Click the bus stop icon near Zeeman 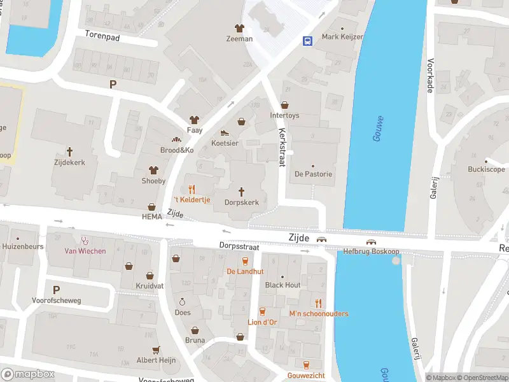point(307,41)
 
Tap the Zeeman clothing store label point(239,39)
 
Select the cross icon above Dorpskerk point(242,191)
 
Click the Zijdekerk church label point(70,163)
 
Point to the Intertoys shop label point(284,116)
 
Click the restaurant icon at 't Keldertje point(191,189)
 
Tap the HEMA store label point(152,217)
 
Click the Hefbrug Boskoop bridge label point(372,251)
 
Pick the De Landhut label point(245,271)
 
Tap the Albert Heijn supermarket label point(155,360)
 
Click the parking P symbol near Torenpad point(113,84)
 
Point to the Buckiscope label point(486,169)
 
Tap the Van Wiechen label point(85,251)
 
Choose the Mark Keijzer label point(342,37)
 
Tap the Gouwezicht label point(306,376)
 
